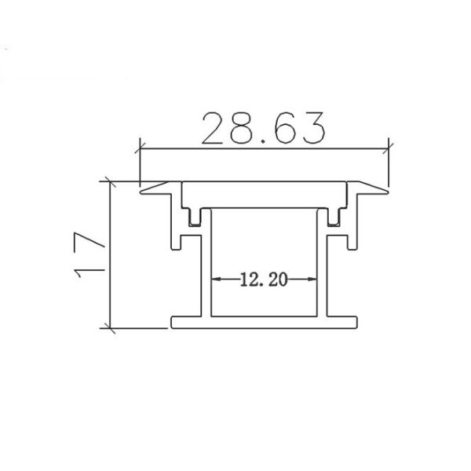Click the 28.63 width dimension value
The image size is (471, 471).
pos(263,128)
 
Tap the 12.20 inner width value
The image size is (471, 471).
pos(265,279)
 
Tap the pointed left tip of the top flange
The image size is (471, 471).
pos(141,190)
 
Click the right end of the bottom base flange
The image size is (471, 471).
pos(357,321)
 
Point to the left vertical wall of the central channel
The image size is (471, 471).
pos(208,267)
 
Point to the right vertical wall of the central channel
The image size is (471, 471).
pos(323,267)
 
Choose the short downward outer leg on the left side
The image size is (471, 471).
pos(172,228)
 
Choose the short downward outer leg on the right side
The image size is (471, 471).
pos(358,228)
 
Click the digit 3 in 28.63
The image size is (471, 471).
pos(312,128)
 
